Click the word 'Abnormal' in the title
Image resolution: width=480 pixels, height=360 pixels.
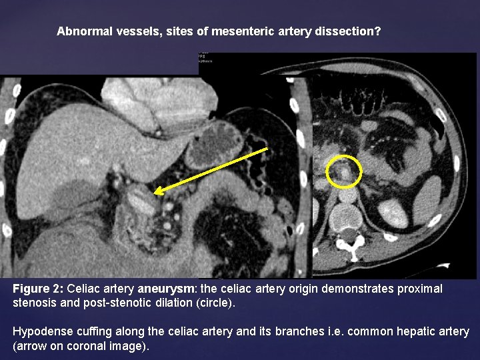(x=81, y=31)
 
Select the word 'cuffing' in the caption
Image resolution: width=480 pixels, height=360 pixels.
(x=90, y=331)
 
